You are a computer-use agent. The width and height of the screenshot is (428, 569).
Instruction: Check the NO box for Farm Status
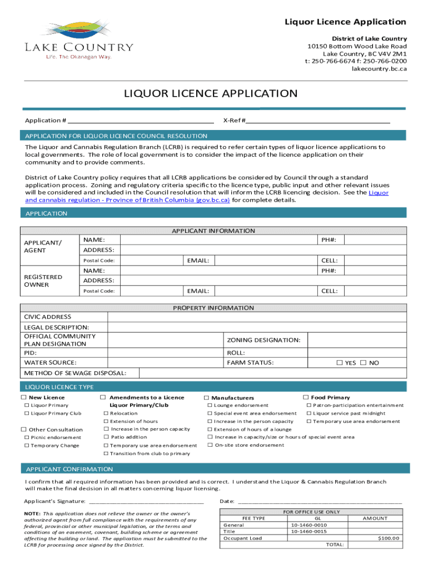point(364,363)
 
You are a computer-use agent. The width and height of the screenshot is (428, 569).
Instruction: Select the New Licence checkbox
point(24,397)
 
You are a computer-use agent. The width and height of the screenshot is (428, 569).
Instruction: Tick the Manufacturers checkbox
point(207,398)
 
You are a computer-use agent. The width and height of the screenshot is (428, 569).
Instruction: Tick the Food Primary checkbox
point(306,397)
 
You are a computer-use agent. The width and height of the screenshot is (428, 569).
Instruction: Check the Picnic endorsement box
point(26,437)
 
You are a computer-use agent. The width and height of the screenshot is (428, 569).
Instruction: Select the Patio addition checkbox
point(105,437)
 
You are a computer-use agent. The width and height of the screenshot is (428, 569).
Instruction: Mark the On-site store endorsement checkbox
point(210,445)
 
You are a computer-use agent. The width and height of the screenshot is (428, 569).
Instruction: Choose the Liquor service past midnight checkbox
point(309,413)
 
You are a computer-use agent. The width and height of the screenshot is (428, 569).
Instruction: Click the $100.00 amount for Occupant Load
point(389,538)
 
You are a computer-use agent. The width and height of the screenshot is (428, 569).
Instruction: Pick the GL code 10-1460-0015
point(308,531)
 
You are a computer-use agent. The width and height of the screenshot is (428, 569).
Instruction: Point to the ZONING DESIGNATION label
point(263,340)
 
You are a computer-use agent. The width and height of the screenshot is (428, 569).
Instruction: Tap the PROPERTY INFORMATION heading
point(213,308)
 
